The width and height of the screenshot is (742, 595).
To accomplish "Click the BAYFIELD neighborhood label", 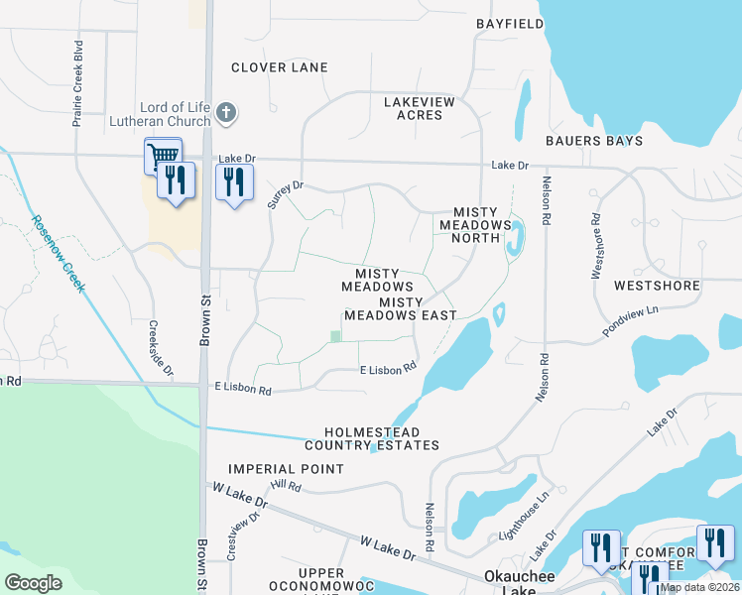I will pyautogui.click(x=512, y=22).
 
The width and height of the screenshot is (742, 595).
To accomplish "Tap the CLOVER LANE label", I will pyautogui.click(x=279, y=67).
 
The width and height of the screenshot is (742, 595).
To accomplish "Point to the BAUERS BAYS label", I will pyautogui.click(x=594, y=141).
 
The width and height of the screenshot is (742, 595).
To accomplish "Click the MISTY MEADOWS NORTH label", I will pyautogui.click(x=482, y=219).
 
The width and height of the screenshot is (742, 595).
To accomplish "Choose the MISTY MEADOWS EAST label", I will pyautogui.click(x=401, y=308).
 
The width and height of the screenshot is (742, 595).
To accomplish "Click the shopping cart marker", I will pyautogui.click(x=162, y=155).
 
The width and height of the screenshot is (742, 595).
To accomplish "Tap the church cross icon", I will pyautogui.click(x=226, y=112).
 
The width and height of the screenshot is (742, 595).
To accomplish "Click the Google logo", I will pyautogui.click(x=33, y=583).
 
